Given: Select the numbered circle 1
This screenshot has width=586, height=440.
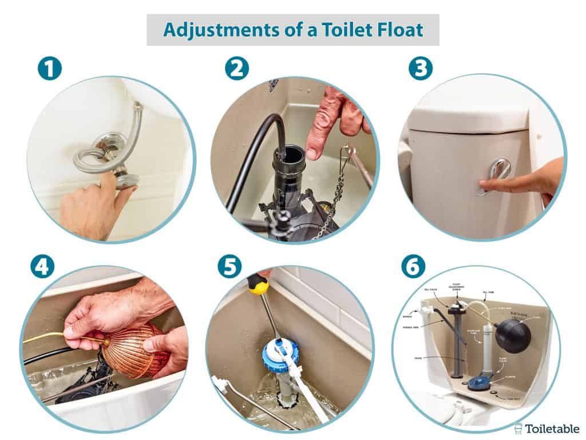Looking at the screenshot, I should pyautogui.click(x=49, y=68).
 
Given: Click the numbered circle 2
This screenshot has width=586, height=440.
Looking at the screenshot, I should pyautogui.click(x=237, y=68).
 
